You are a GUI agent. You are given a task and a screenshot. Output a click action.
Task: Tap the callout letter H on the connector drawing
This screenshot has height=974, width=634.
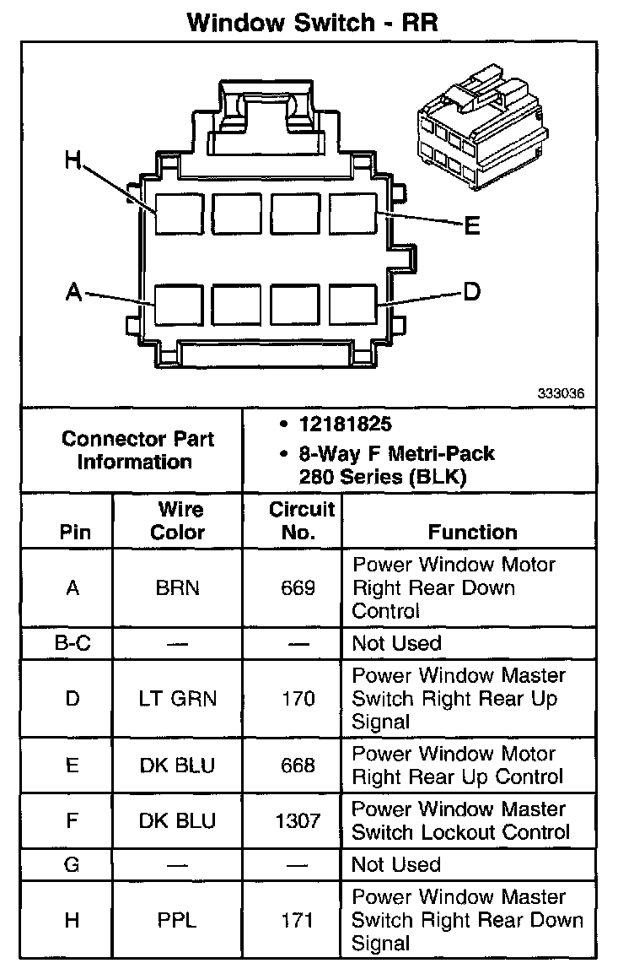point(74,160)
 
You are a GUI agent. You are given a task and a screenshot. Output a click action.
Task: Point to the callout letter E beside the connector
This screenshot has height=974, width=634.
point(472,225)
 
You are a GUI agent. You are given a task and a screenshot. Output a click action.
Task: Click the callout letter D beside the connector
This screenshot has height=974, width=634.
point(472,292)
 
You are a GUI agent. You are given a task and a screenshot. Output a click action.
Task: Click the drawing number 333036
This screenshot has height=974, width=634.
point(561,393)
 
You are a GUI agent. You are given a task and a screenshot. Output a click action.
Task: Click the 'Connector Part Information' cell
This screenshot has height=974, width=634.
point(137,450)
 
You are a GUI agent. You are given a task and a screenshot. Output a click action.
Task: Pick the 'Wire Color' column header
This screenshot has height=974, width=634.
point(178,521)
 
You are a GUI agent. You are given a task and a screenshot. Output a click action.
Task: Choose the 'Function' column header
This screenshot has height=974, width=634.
point(472,532)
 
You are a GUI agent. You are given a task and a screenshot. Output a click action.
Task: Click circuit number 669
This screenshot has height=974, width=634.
point(298,587)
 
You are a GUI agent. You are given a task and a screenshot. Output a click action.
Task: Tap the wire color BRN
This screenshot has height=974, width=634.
point(178,587)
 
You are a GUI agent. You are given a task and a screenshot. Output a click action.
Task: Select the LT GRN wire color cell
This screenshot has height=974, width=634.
point(178,699)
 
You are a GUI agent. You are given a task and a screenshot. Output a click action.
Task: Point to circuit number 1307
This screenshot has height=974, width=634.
point(298,820)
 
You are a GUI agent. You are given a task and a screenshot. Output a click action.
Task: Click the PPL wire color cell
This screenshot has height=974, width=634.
point(178,920)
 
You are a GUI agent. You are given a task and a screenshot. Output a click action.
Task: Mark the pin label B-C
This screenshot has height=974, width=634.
point(72,643)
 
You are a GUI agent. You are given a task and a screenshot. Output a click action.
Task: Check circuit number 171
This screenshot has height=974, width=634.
point(298,920)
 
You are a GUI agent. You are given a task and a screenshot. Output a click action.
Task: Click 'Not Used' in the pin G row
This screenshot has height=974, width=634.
point(396,864)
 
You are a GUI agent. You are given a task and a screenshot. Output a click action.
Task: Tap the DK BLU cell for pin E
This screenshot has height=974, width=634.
point(178,766)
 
